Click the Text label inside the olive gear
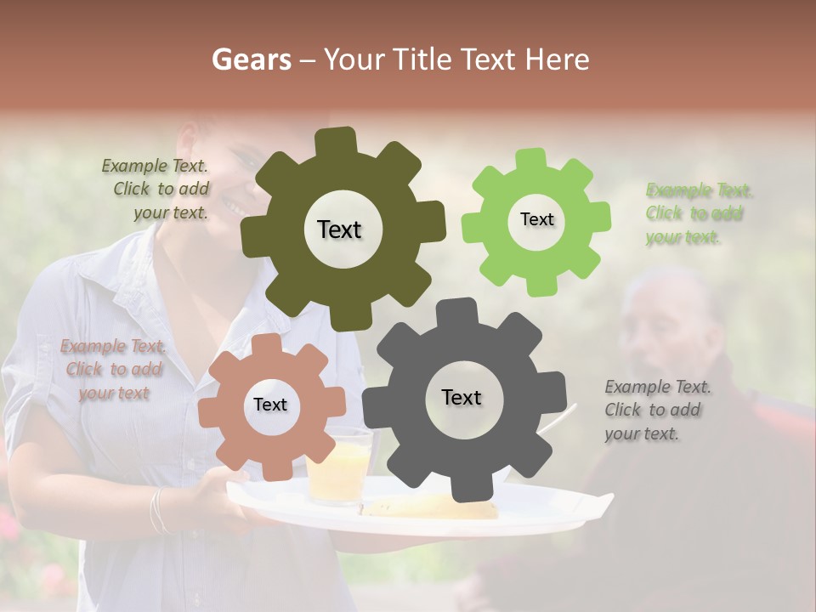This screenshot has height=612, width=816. (x=339, y=229)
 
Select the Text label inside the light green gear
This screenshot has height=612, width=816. (x=536, y=219)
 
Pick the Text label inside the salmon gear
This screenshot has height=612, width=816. (x=270, y=405)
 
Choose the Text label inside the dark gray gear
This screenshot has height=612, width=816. (x=462, y=397)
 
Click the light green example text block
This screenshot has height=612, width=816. (x=698, y=213)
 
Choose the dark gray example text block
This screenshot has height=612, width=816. (x=656, y=410)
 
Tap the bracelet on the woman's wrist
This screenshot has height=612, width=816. (x=157, y=510)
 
